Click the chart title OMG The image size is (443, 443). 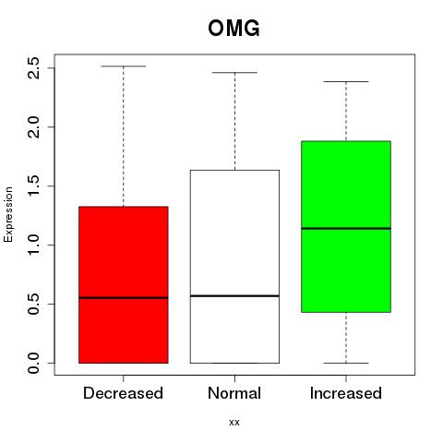[x=233, y=29]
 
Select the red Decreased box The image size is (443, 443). [x=124, y=284]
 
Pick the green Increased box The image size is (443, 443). [x=346, y=227]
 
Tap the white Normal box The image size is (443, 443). [x=234, y=267]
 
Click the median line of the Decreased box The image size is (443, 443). [x=124, y=298]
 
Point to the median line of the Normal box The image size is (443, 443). [x=234, y=296]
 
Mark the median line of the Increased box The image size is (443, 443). [x=346, y=228]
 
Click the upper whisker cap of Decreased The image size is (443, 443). [x=124, y=66]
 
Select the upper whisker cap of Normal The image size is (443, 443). [x=234, y=73]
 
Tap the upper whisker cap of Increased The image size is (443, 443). [x=346, y=81]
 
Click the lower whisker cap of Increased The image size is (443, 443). [x=346, y=363]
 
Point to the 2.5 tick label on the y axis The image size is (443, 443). [x=34, y=68]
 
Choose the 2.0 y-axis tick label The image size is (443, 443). [x=34, y=127]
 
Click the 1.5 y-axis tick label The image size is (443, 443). [x=34, y=186]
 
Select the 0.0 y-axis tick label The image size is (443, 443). [x=34, y=363]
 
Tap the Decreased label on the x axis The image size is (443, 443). [x=123, y=393]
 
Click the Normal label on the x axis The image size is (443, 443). [x=234, y=393]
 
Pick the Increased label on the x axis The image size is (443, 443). [x=346, y=393]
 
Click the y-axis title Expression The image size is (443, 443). [x=8, y=214]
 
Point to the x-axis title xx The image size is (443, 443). [x=234, y=423]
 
